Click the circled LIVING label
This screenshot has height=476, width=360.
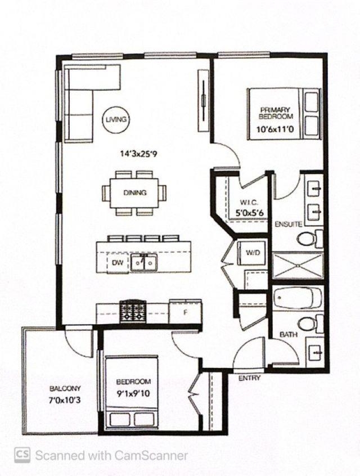tap(116, 119)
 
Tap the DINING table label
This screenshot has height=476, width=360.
tap(135, 192)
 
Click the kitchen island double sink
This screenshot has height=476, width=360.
tap(143, 262)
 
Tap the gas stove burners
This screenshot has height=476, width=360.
tap(133, 311)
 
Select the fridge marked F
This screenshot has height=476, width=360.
tap(185, 312)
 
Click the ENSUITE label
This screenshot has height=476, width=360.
tap(289, 224)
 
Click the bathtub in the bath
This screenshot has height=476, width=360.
tap(298, 298)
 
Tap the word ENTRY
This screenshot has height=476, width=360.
tap(249, 378)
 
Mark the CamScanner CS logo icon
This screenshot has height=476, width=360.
tap(22, 455)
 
